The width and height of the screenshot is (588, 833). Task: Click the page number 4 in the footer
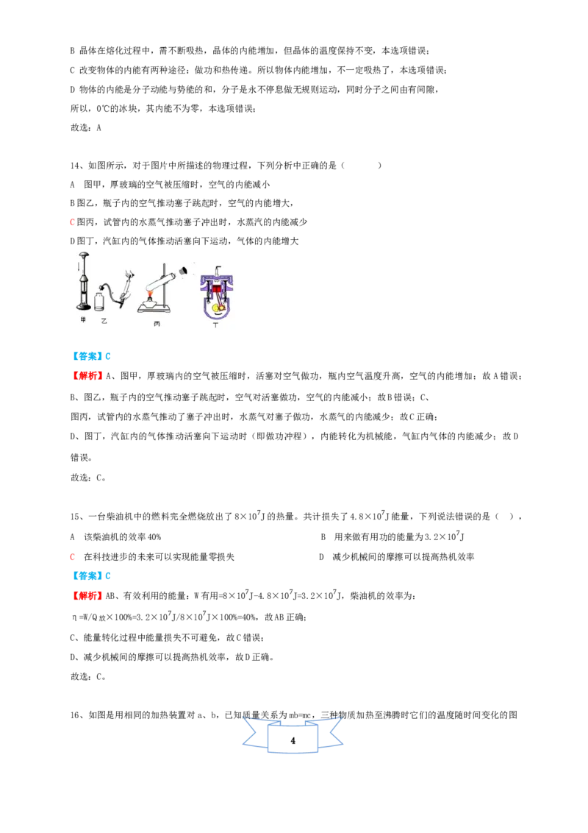tap(293, 740)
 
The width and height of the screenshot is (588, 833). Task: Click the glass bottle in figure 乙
tap(98, 301)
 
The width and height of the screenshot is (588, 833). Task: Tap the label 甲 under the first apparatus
tap(83, 320)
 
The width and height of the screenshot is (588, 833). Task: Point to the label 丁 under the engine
tap(215, 325)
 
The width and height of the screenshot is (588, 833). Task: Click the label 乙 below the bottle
tap(104, 321)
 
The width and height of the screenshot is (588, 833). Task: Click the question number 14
tap(75, 166)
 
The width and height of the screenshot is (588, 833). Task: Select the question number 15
tap(75, 517)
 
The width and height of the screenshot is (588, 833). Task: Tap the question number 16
tap(75, 715)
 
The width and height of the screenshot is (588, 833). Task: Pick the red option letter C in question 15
tap(73, 557)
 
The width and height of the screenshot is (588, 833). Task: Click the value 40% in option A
tap(154, 537)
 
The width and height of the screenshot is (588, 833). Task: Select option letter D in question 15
tap(321, 557)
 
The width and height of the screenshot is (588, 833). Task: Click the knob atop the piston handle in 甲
tap(83, 255)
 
